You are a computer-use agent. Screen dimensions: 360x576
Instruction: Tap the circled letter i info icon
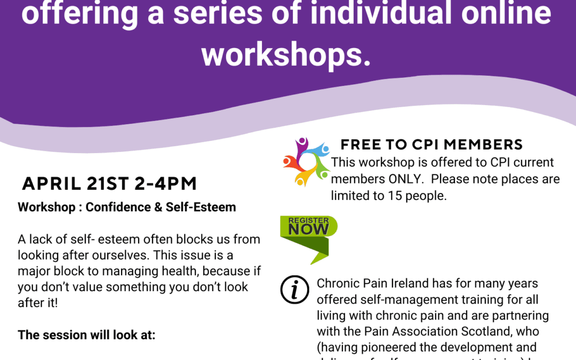click(x=295, y=289)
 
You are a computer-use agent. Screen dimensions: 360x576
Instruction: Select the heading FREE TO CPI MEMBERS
click(x=431, y=145)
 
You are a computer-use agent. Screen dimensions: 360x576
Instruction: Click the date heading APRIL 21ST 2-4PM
click(x=109, y=183)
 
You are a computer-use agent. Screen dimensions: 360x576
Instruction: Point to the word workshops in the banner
click(x=286, y=53)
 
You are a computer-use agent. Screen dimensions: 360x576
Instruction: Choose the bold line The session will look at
click(x=86, y=335)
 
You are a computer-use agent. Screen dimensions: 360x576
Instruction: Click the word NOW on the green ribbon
click(x=308, y=229)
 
